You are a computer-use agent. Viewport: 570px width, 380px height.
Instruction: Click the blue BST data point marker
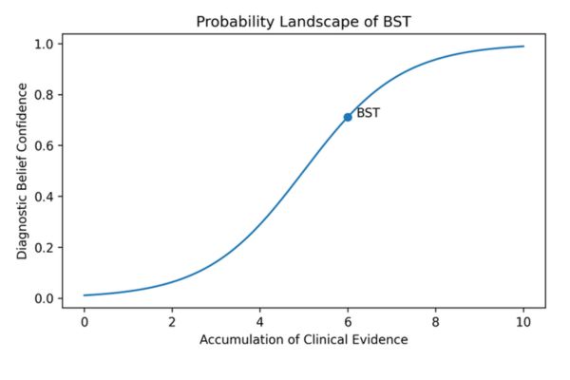click(x=348, y=117)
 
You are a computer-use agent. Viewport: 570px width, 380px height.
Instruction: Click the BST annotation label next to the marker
click(x=368, y=113)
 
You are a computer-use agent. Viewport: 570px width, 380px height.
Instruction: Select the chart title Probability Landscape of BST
click(x=303, y=21)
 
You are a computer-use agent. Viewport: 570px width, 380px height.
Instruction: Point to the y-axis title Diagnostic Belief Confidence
click(x=22, y=172)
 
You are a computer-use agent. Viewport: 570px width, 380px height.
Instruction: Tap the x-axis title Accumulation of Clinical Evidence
click(x=303, y=339)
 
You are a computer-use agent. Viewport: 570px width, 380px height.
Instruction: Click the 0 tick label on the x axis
click(x=84, y=320)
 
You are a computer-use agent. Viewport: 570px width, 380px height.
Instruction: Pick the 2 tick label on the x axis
click(x=172, y=320)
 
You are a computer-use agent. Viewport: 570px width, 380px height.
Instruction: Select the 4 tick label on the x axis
click(x=259, y=320)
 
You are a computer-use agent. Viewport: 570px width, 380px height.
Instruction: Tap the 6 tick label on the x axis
click(x=348, y=320)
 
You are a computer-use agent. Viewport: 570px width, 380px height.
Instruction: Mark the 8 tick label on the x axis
click(x=435, y=320)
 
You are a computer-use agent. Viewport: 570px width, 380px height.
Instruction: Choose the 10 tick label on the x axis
click(x=522, y=320)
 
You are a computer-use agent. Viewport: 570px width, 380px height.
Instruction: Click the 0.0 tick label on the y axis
click(x=45, y=298)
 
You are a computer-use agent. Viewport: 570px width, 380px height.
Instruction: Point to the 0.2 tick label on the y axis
click(x=45, y=248)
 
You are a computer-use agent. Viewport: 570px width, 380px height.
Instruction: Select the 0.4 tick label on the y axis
click(x=45, y=197)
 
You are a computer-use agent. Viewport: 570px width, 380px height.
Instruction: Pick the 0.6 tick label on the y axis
click(x=45, y=145)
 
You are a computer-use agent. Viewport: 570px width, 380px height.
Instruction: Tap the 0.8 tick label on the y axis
click(x=45, y=95)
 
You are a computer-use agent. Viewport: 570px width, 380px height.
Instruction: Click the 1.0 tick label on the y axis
click(x=45, y=44)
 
